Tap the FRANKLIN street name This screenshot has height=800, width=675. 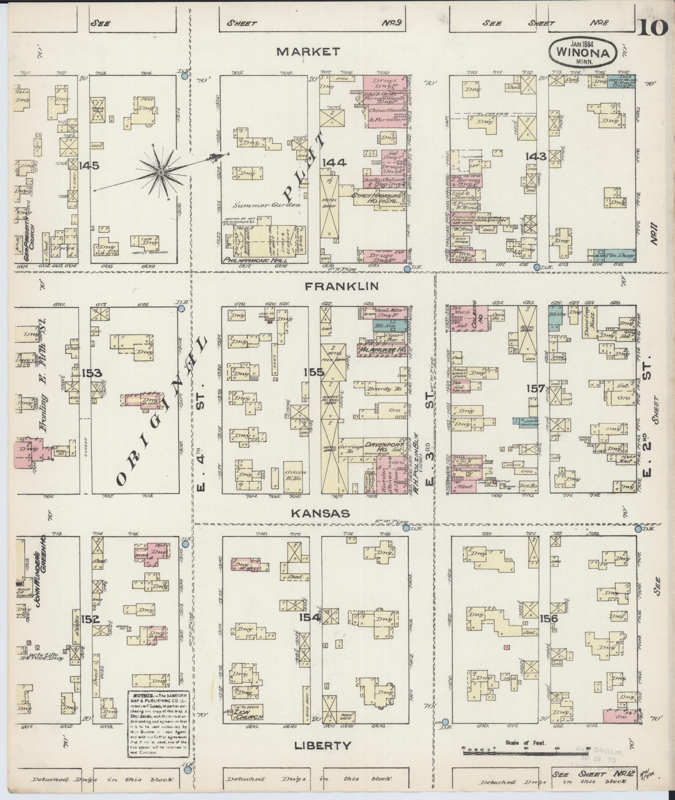342,286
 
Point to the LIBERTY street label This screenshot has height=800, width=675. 322,745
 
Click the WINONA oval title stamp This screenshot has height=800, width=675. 583,51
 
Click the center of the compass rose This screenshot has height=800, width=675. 161,172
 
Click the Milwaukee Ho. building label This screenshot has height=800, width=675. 382,349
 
